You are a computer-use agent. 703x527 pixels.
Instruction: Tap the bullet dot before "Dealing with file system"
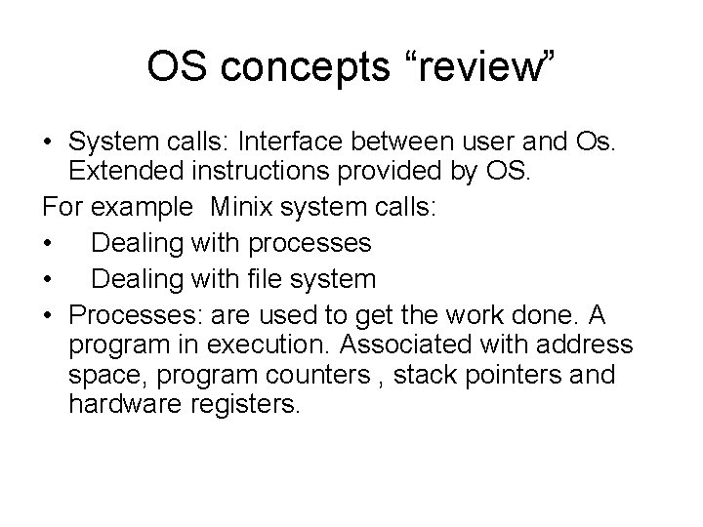click(48, 279)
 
